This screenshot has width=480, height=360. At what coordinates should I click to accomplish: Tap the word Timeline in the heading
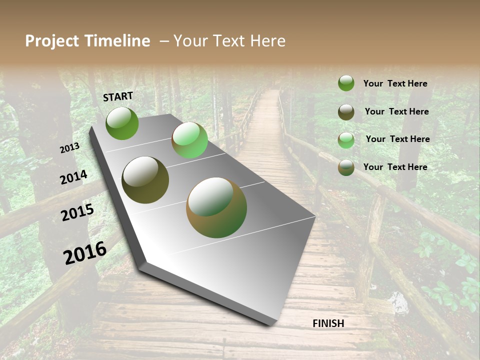pyautogui.click(x=118, y=41)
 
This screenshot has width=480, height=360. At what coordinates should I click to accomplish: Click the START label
pyautogui.click(x=118, y=96)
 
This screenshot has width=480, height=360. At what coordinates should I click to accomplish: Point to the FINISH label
pyautogui.click(x=328, y=323)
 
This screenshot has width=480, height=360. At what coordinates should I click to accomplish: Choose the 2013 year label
pyautogui.click(x=69, y=148)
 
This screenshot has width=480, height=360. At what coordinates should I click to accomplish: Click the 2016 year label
pyautogui.click(x=85, y=253)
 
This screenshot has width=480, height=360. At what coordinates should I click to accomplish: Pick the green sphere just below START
pyautogui.click(x=122, y=123)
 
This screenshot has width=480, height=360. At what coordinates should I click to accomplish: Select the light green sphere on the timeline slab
pyautogui.click(x=189, y=140)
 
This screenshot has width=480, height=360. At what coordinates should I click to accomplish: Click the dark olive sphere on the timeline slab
pyautogui.click(x=145, y=180)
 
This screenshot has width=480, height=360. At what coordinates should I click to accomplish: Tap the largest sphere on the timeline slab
pyautogui.click(x=216, y=207)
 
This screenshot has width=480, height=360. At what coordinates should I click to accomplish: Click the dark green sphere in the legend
pyautogui.click(x=346, y=83)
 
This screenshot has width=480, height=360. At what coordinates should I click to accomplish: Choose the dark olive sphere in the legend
pyautogui.click(x=346, y=112)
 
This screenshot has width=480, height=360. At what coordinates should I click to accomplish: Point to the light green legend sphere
pyautogui.click(x=346, y=140)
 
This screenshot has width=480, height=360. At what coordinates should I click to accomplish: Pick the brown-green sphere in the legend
pyautogui.click(x=346, y=168)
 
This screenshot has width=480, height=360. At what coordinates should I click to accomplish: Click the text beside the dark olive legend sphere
pyautogui.click(x=396, y=111)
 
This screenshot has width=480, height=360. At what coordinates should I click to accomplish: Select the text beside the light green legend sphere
pyautogui.click(x=397, y=139)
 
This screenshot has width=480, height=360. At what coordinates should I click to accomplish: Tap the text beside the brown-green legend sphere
pyautogui.click(x=395, y=167)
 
